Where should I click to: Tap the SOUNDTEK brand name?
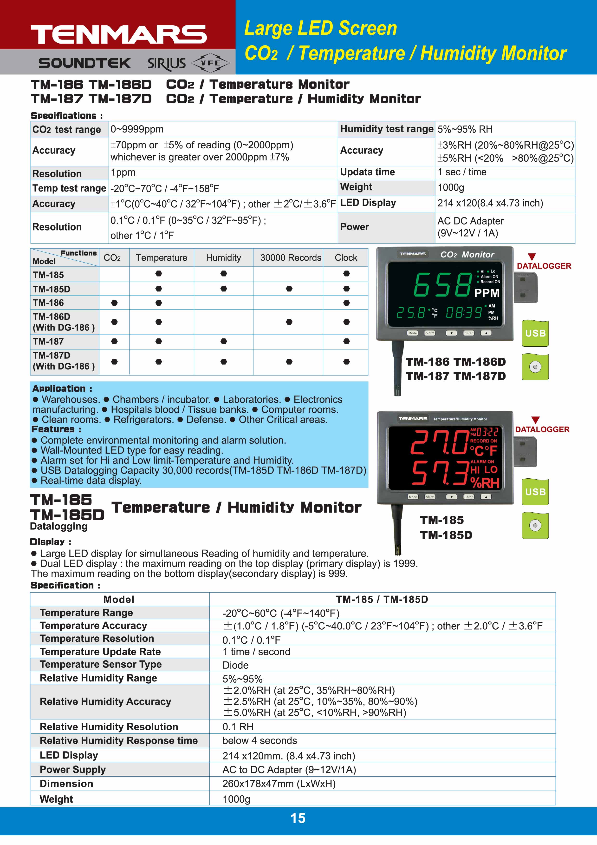[84, 63]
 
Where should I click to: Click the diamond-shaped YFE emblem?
[210, 63]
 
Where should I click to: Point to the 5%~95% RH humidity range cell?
[465, 129]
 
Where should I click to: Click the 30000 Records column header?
[291, 258]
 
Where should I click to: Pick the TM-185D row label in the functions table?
[52, 289]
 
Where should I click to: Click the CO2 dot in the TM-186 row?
[114, 303]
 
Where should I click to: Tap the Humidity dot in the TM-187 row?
[224, 342]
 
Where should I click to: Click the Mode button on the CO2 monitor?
[412, 333]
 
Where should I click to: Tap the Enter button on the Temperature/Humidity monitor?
[468, 497]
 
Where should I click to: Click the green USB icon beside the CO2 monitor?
[535, 333]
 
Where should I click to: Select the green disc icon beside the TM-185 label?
[535, 526]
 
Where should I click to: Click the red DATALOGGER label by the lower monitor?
[542, 429]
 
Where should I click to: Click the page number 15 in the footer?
[298, 818]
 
